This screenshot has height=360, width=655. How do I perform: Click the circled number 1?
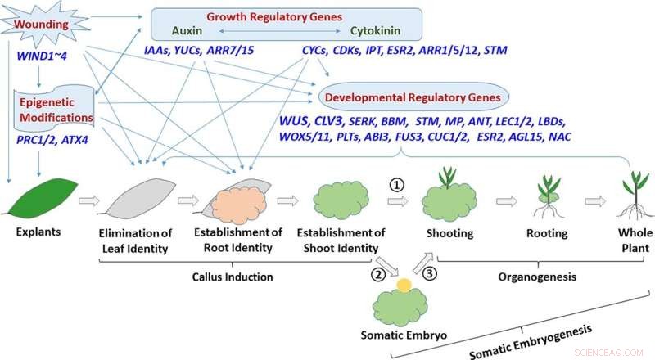397,184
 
